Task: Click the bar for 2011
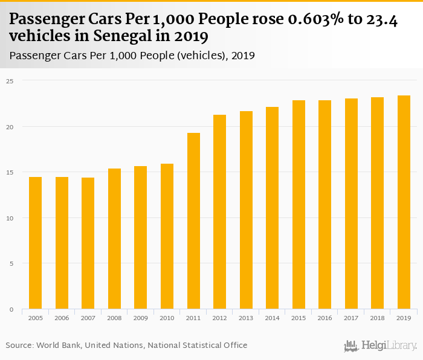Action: (193, 221)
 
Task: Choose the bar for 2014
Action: (272, 208)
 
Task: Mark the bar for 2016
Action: (325, 205)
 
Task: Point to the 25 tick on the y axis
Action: (10, 80)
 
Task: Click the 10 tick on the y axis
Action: (10, 218)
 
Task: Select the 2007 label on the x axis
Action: (88, 317)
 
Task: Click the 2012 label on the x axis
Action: (219, 317)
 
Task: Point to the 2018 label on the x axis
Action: (378, 317)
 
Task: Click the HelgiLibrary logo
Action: (380, 346)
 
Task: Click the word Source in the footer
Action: (19, 346)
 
